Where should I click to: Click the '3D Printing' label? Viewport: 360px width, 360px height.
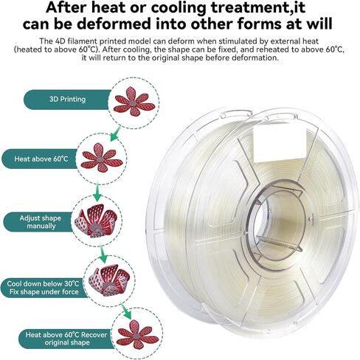67,100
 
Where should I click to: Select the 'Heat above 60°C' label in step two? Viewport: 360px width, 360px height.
41,159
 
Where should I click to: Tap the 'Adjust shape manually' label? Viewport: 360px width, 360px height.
41,222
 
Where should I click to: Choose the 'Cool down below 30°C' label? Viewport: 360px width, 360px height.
43,284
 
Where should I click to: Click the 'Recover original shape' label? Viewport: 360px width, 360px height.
66,339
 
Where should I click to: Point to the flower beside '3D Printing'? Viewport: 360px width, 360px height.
134,101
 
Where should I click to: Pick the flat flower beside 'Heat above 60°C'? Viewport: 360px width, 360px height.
101,157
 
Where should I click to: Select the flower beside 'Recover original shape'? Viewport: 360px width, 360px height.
137,334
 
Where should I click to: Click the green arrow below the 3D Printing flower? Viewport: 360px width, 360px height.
116,133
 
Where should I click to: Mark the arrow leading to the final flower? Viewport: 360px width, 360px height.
126,311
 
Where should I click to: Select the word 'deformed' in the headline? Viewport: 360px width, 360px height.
114,24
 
